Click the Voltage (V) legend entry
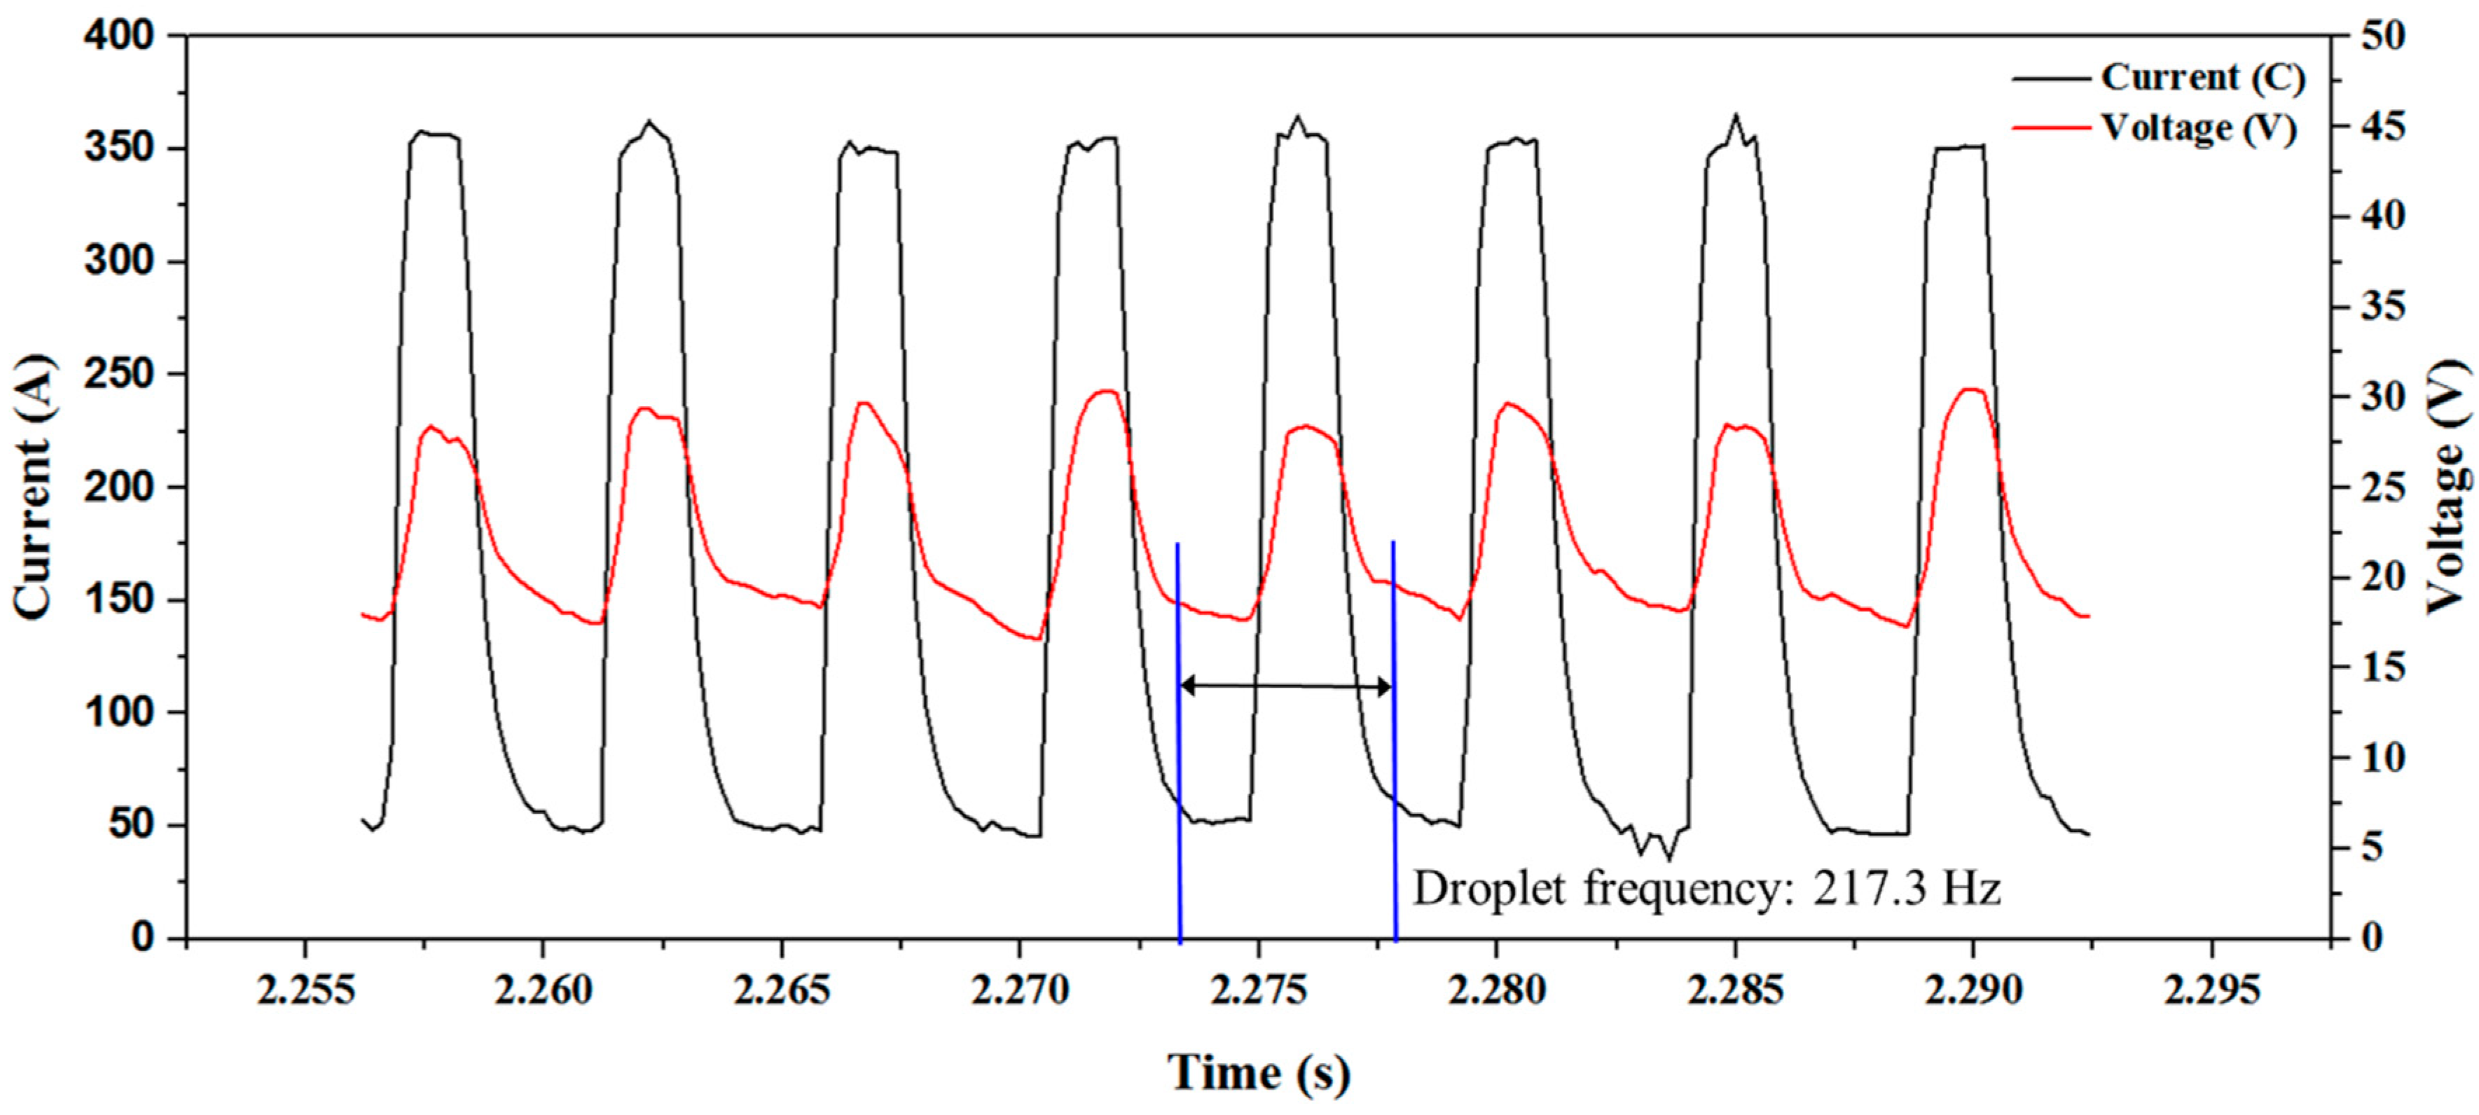2198,128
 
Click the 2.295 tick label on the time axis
2211,990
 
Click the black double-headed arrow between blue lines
1287,686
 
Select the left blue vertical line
1179,770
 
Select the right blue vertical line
1395,770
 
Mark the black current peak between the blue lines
1298,118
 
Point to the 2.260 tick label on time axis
543,990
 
